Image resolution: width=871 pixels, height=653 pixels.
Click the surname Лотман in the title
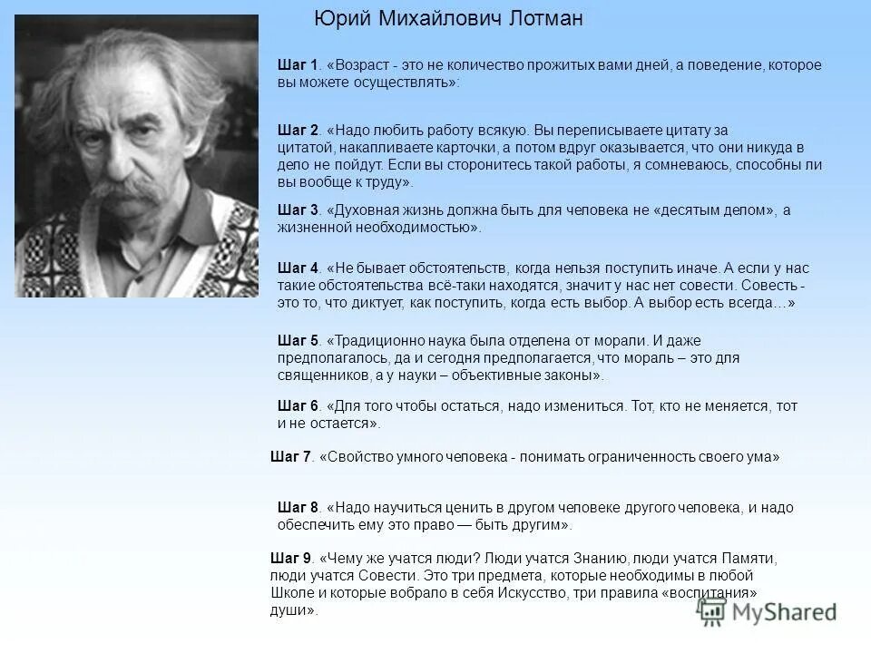(x=536, y=19)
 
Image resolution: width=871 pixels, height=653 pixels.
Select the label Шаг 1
(x=298, y=65)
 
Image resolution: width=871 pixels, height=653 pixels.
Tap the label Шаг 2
(x=298, y=131)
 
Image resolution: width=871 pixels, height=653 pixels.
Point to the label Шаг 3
(x=298, y=210)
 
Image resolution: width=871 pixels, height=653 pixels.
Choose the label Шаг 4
(x=298, y=268)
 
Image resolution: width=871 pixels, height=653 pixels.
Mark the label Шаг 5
(x=298, y=341)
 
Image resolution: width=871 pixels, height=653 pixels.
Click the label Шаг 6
(x=298, y=406)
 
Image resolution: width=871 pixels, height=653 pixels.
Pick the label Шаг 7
(x=290, y=457)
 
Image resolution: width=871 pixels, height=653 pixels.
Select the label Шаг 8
(x=298, y=508)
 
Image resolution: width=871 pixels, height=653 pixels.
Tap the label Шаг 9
(x=290, y=559)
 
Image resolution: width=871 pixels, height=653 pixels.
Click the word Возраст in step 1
(x=363, y=65)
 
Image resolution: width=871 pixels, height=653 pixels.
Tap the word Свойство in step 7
(x=355, y=457)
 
